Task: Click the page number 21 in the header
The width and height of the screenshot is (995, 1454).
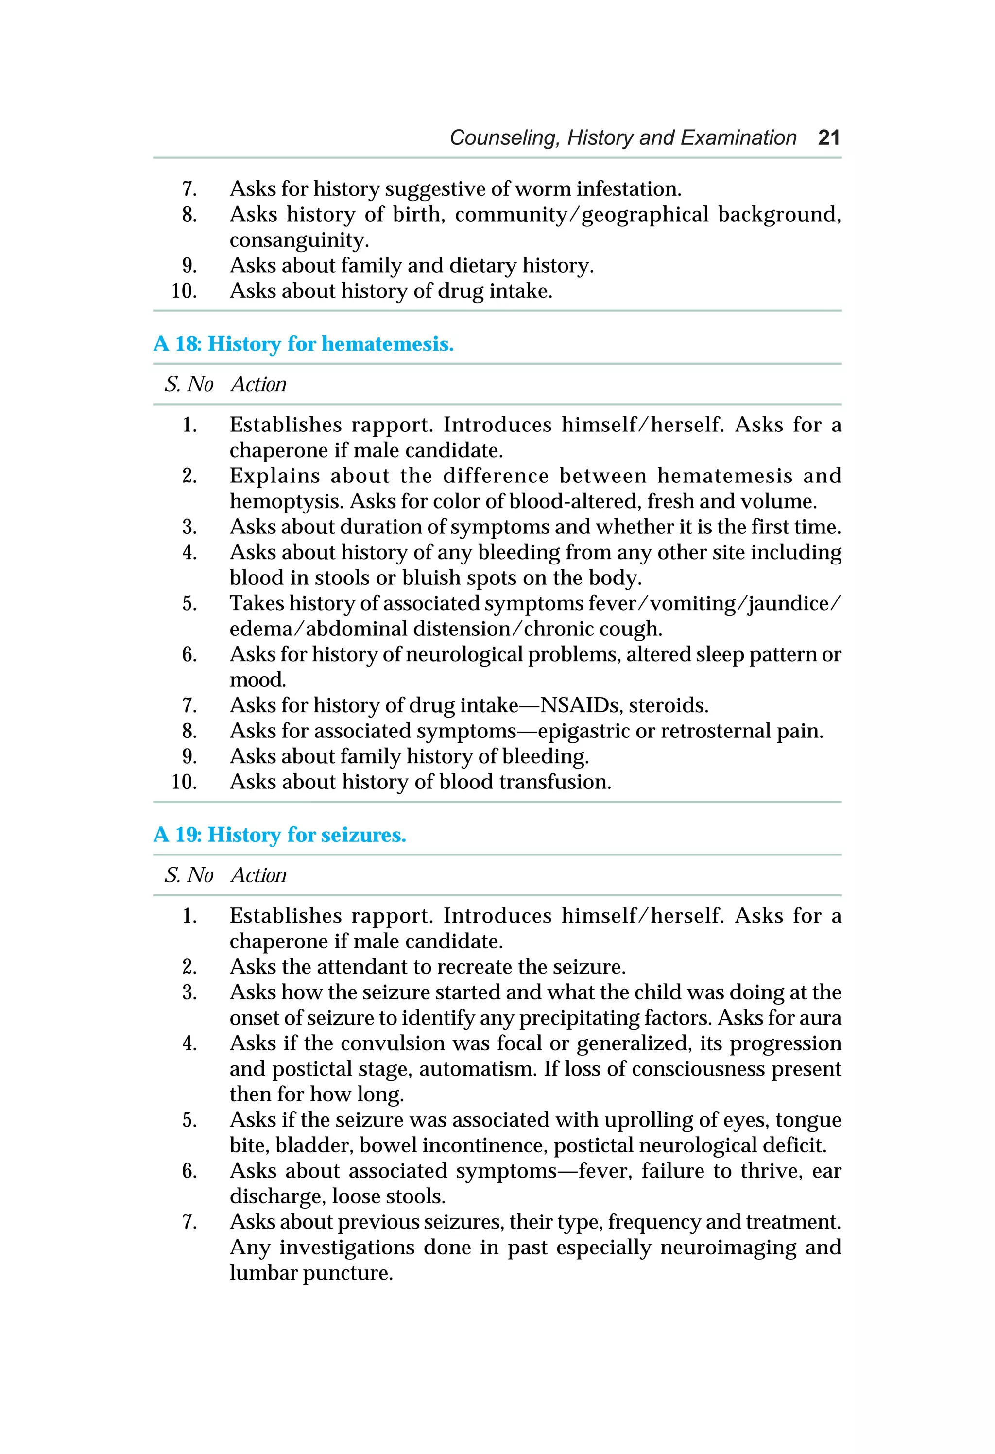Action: point(828,137)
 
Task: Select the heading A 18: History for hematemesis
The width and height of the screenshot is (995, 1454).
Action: point(304,343)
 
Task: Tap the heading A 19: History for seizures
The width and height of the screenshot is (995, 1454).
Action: point(280,835)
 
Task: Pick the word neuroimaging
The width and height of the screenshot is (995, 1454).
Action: point(728,1247)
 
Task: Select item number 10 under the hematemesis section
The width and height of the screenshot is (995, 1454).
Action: point(184,782)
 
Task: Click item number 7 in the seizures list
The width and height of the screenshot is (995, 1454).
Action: point(189,1222)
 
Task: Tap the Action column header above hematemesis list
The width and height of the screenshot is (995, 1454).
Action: point(258,384)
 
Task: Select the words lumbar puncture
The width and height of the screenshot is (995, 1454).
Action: point(310,1273)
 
